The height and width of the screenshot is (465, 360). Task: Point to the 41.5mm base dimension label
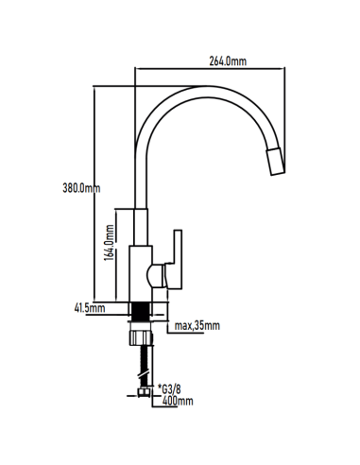point(88,308)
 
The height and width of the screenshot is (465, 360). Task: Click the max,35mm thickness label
point(197,326)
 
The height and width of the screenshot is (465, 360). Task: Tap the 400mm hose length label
point(178,401)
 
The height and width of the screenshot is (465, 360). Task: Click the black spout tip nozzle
point(274,166)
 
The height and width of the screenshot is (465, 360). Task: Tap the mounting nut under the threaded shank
point(141,337)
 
